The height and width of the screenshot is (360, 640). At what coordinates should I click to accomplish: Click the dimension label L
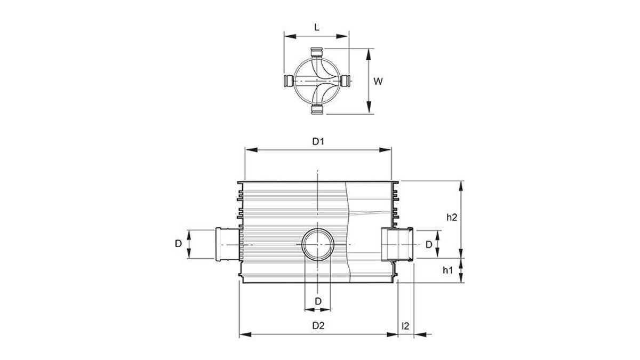point(317,27)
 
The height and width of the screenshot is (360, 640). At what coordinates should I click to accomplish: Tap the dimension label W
point(378,82)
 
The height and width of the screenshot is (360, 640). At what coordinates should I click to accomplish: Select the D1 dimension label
point(318,141)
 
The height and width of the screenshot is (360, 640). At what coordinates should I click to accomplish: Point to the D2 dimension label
point(318,325)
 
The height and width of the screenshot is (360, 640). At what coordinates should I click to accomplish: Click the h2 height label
point(452,218)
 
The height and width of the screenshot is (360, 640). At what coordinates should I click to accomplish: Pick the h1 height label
point(447,270)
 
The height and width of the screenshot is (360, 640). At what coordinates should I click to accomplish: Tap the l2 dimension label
point(405,326)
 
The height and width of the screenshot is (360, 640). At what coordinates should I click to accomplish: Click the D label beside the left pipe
point(178,244)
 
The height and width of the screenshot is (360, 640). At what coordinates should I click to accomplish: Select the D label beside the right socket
point(429,245)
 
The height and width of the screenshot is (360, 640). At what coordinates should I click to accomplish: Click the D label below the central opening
point(318,301)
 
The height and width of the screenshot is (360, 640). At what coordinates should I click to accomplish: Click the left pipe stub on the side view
point(228,244)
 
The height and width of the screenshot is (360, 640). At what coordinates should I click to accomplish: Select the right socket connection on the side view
point(397,245)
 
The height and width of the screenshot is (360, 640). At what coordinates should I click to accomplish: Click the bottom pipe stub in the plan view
point(317,109)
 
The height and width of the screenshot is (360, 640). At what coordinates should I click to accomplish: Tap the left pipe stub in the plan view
point(289,81)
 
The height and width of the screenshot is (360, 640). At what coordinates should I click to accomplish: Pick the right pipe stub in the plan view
point(346,81)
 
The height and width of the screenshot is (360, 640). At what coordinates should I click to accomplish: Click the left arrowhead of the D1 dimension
point(251,150)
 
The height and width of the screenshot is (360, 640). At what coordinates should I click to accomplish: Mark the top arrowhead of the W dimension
point(369,54)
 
